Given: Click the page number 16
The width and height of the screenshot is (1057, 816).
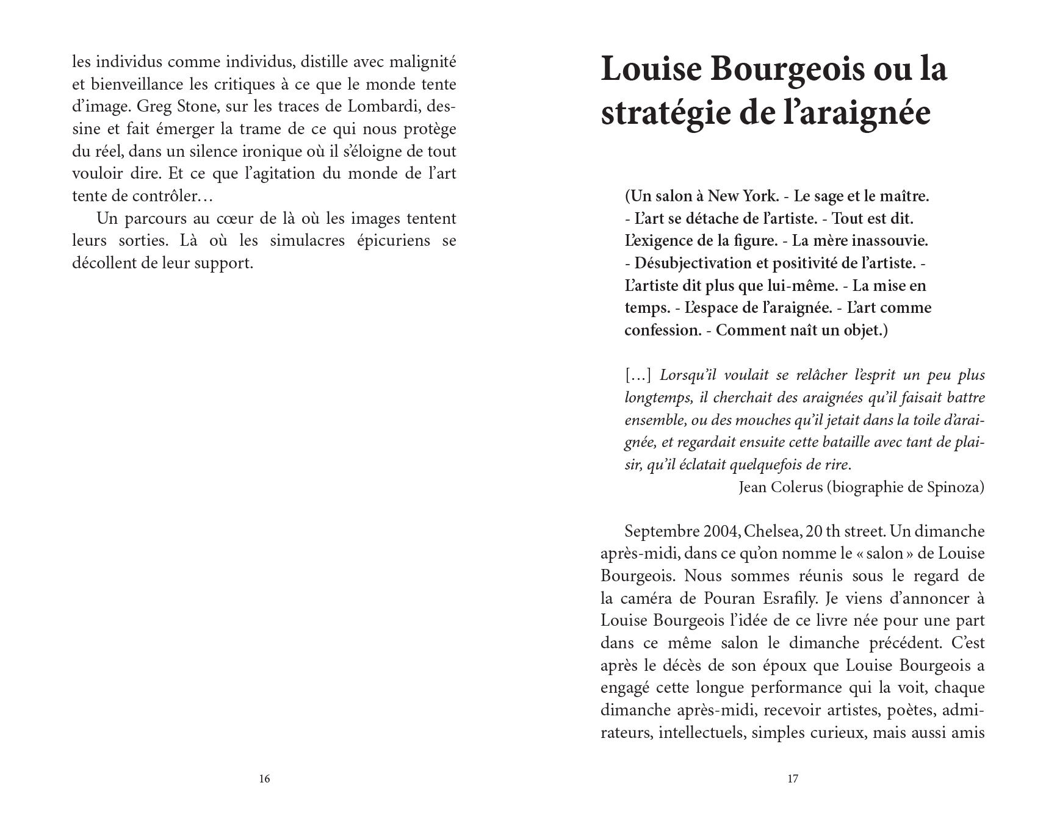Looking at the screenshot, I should coord(264,779).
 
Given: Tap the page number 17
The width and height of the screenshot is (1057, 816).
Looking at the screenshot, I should coord(793,779).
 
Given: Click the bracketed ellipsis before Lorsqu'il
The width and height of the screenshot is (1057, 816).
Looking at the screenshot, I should coord(638,376).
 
